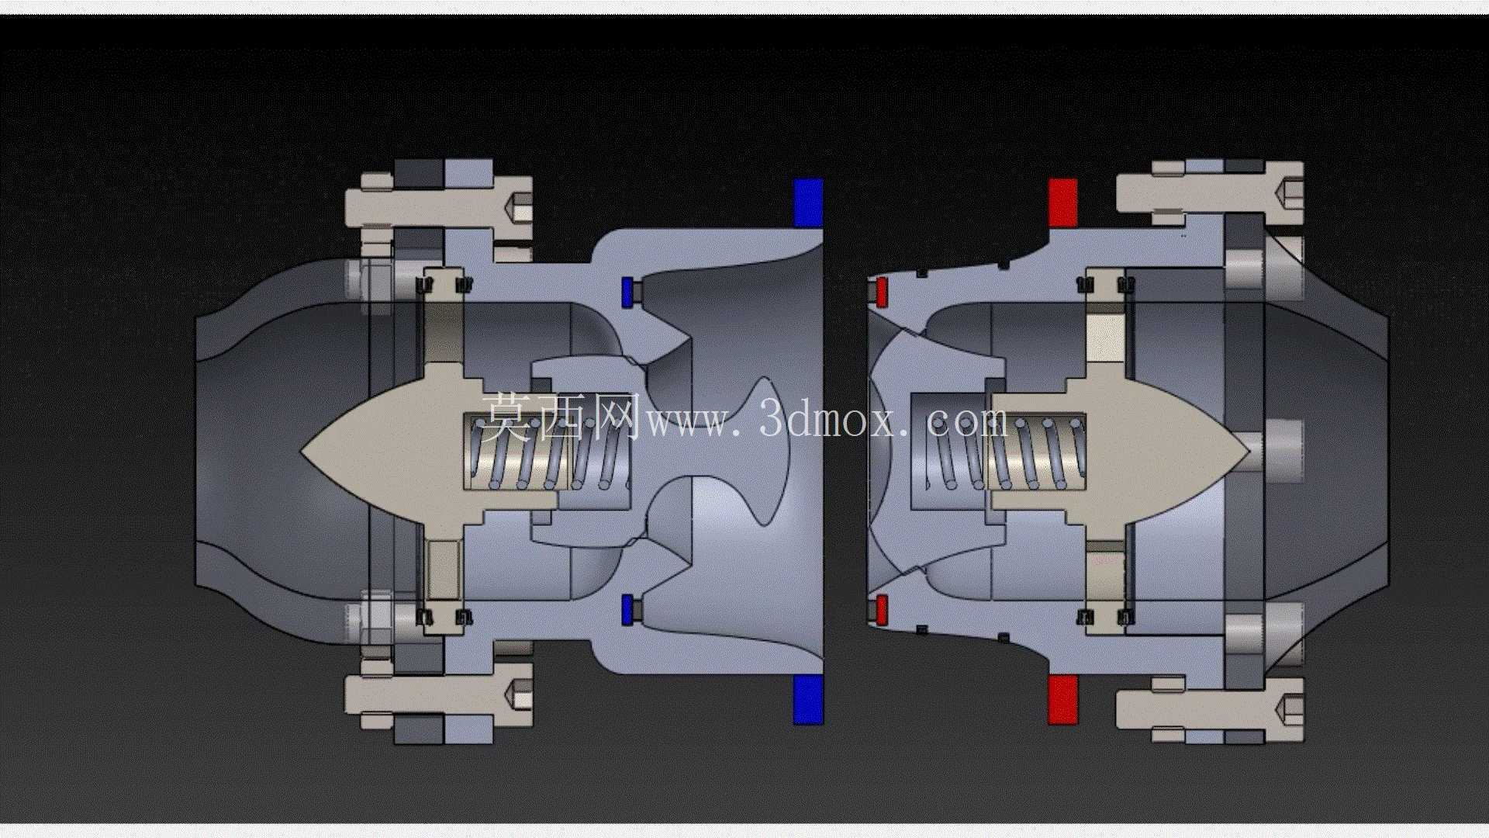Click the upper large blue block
(x=807, y=203)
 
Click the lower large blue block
(x=807, y=699)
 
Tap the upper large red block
(x=1062, y=203)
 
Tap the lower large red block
(x=1062, y=699)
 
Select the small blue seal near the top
(x=627, y=292)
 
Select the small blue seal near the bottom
(x=627, y=610)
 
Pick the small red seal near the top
(x=881, y=292)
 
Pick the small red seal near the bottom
(x=881, y=610)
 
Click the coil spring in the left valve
(x=547, y=451)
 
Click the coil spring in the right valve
(x=1004, y=451)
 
